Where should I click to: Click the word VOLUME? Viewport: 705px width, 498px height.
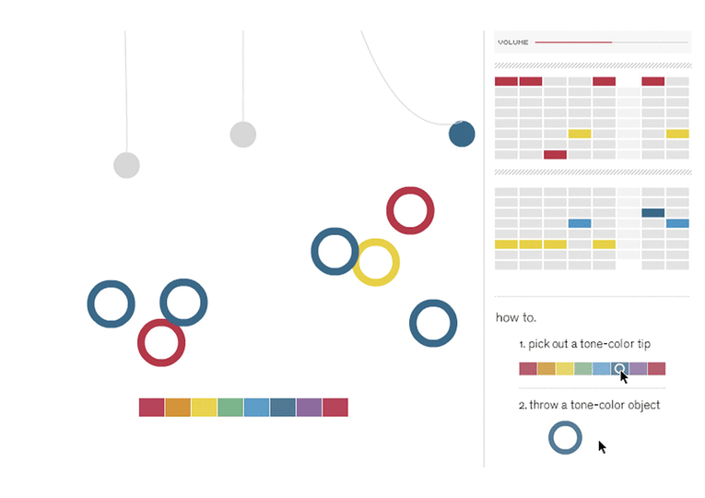point(513,42)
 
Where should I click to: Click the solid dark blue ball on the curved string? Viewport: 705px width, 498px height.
point(462,134)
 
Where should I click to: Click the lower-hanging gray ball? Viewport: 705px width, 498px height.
point(126,165)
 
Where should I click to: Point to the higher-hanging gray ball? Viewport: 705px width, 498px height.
point(243,134)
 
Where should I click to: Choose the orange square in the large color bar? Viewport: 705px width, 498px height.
point(178,407)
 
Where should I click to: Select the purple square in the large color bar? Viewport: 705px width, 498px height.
point(309,407)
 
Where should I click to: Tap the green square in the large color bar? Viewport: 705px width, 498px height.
point(230,407)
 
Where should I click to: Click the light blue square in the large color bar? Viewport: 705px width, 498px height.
point(257,407)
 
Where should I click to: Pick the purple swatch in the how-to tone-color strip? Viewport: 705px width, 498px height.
point(638,369)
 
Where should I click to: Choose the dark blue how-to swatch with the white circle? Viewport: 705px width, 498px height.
point(619,369)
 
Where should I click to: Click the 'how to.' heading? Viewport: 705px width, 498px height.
point(516,317)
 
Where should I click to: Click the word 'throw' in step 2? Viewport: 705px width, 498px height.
point(542,405)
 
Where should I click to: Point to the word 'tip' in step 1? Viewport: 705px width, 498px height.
point(644,344)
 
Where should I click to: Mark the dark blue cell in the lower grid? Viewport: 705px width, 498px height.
point(652,213)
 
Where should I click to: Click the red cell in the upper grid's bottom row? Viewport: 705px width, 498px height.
point(555,155)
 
